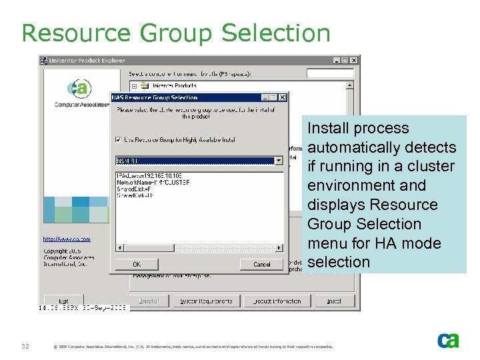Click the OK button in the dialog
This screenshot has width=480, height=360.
click(x=137, y=264)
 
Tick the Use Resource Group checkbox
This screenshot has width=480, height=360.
click(x=119, y=139)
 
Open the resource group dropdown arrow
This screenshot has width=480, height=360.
click(x=279, y=160)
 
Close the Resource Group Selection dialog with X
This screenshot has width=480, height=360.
click(x=283, y=97)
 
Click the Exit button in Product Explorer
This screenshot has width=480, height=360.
click(x=64, y=301)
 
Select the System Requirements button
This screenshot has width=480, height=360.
click(x=207, y=301)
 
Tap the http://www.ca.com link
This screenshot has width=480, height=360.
click(x=67, y=239)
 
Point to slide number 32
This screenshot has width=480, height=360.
click(x=25, y=346)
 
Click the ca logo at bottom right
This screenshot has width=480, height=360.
click(x=448, y=341)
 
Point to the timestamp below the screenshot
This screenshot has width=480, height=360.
click(x=82, y=308)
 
